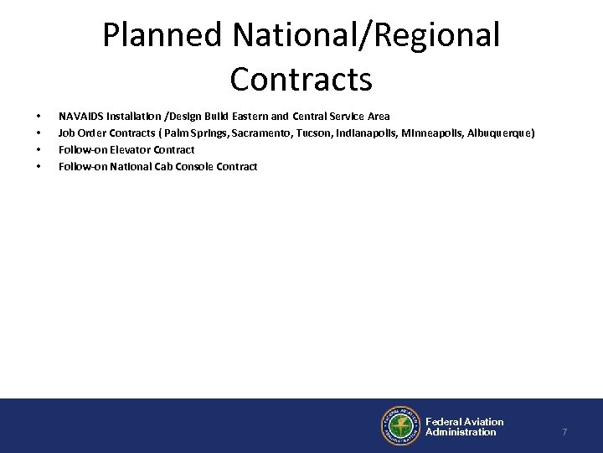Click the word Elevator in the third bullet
coord(133,149)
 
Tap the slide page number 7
coord(564,432)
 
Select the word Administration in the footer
coord(461,432)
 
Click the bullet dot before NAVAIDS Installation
coord(39,116)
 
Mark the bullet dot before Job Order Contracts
coord(39,133)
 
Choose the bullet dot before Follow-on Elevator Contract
coord(39,149)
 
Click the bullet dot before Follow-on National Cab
coord(39,166)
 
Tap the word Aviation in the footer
coord(485,421)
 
